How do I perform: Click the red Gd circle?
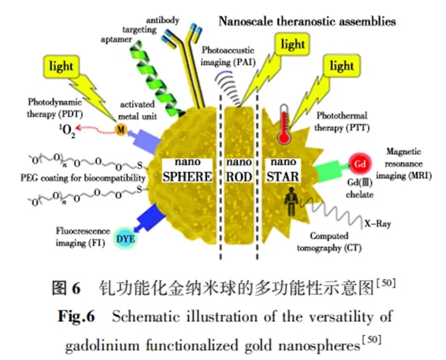coord(361,165)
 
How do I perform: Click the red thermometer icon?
coord(284,123)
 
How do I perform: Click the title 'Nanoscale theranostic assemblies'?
coord(307,22)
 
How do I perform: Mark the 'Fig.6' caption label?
coord(75,317)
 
